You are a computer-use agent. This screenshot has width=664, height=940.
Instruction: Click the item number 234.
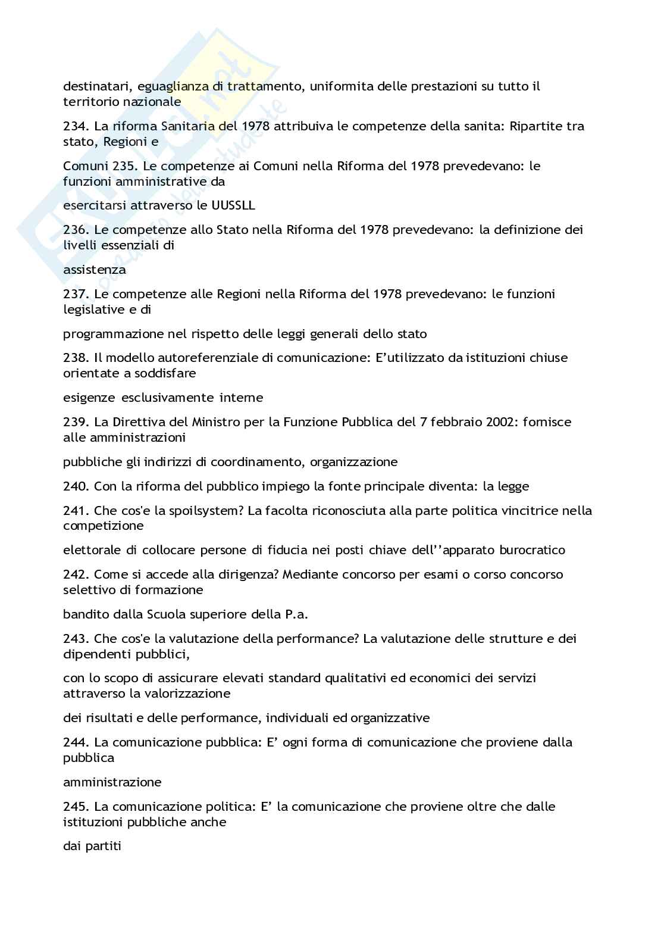pyautogui.click(x=76, y=126)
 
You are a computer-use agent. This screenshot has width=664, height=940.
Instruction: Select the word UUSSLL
pyautogui.click(x=233, y=205)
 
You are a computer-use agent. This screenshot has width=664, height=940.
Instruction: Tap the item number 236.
pyautogui.click(x=76, y=230)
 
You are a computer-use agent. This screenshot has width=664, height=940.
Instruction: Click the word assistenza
pyautogui.click(x=94, y=270)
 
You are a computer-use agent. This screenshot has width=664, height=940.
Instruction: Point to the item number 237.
pyautogui.click(x=76, y=294)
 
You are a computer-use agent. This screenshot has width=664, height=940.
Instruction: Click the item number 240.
pyautogui.click(x=76, y=486)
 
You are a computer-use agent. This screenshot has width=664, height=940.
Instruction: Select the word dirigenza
pyautogui.click(x=249, y=574)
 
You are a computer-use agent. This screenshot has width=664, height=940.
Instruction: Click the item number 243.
pyautogui.click(x=76, y=639)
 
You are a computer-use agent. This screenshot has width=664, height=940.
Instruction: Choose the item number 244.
pyautogui.click(x=76, y=742)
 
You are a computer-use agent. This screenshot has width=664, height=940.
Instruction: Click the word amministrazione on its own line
pyautogui.click(x=112, y=782)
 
